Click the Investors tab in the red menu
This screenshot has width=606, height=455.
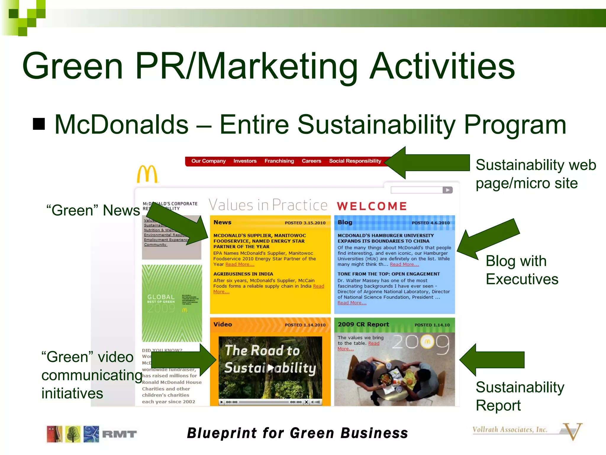click(x=245, y=161)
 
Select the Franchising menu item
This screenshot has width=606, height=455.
click(x=279, y=161)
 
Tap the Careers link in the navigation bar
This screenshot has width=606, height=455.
click(x=311, y=161)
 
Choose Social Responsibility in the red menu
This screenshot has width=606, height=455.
click(x=355, y=161)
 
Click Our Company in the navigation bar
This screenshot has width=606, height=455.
click(x=208, y=161)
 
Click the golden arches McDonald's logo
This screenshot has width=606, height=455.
click(x=147, y=174)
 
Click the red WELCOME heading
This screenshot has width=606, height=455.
click(x=372, y=206)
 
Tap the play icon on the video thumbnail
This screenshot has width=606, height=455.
click(x=270, y=368)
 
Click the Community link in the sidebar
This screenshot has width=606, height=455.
click(x=155, y=244)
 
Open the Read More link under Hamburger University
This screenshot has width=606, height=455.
click(x=404, y=264)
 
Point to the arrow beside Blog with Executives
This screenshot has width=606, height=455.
click(x=488, y=238)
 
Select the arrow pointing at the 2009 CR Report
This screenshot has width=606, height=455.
click(x=491, y=360)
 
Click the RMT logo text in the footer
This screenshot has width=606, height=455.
click(x=119, y=434)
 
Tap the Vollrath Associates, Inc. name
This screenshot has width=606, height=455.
click(x=510, y=430)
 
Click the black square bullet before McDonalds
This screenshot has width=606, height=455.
click(x=39, y=124)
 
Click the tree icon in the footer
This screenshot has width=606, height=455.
click(x=73, y=434)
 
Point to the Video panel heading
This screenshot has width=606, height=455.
click(x=223, y=324)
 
